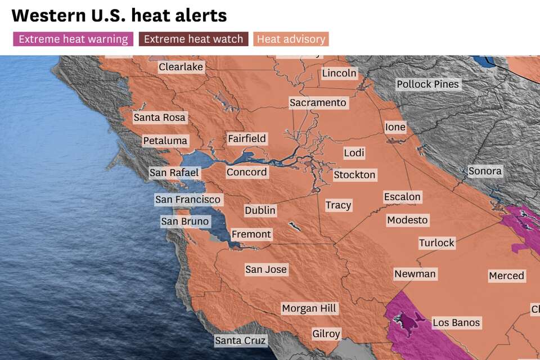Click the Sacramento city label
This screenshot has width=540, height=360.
[318, 102]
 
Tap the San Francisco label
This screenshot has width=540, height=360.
[188, 200]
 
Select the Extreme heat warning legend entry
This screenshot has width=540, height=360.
[73, 39]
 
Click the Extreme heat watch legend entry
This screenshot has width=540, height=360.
[193, 39]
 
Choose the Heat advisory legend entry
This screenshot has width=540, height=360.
[291, 39]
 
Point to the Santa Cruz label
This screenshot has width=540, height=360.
[240, 340]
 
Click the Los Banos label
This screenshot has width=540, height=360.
[456, 322]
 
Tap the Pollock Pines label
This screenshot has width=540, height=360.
[428, 84]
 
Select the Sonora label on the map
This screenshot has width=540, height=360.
[485, 171]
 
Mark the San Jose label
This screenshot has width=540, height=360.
[266, 269]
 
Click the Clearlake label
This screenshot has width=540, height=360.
[181, 67]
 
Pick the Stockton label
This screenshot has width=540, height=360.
[354, 175]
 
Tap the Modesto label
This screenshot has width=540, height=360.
[407, 220]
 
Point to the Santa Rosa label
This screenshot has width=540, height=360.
[159, 118]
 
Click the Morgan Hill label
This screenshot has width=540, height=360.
[309, 308]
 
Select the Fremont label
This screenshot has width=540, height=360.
[251, 234]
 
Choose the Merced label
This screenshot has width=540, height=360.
[506, 276]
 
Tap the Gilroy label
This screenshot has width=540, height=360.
[326, 334]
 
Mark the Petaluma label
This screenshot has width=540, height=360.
[165, 140]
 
